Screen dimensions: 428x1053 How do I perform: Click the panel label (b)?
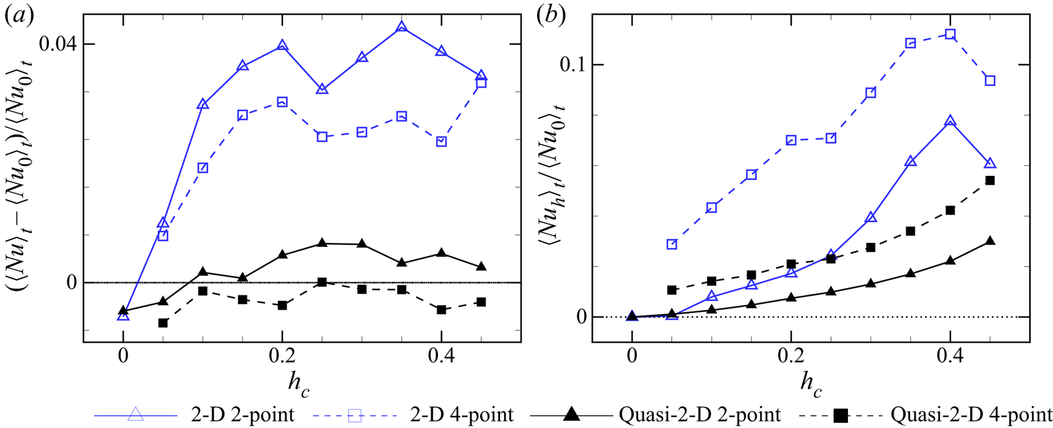(552, 15)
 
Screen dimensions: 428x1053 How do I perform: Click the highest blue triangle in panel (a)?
(401, 28)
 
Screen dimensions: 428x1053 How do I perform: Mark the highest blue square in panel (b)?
(950, 34)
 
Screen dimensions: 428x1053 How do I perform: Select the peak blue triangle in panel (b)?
(950, 122)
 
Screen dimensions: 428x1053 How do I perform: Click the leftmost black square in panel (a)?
(163, 323)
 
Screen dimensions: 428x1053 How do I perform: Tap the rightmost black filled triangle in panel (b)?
(990, 241)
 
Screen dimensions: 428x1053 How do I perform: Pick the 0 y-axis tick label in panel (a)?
(71, 283)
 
